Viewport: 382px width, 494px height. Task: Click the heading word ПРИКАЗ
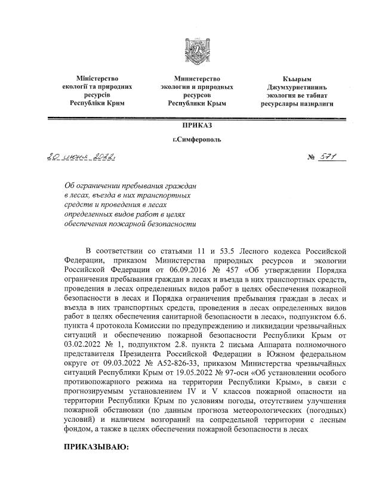tap(197, 125)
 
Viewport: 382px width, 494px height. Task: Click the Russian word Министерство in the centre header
tap(197, 78)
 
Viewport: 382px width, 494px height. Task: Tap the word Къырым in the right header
tap(297, 78)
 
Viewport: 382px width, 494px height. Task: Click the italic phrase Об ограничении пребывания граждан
tap(130, 186)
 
